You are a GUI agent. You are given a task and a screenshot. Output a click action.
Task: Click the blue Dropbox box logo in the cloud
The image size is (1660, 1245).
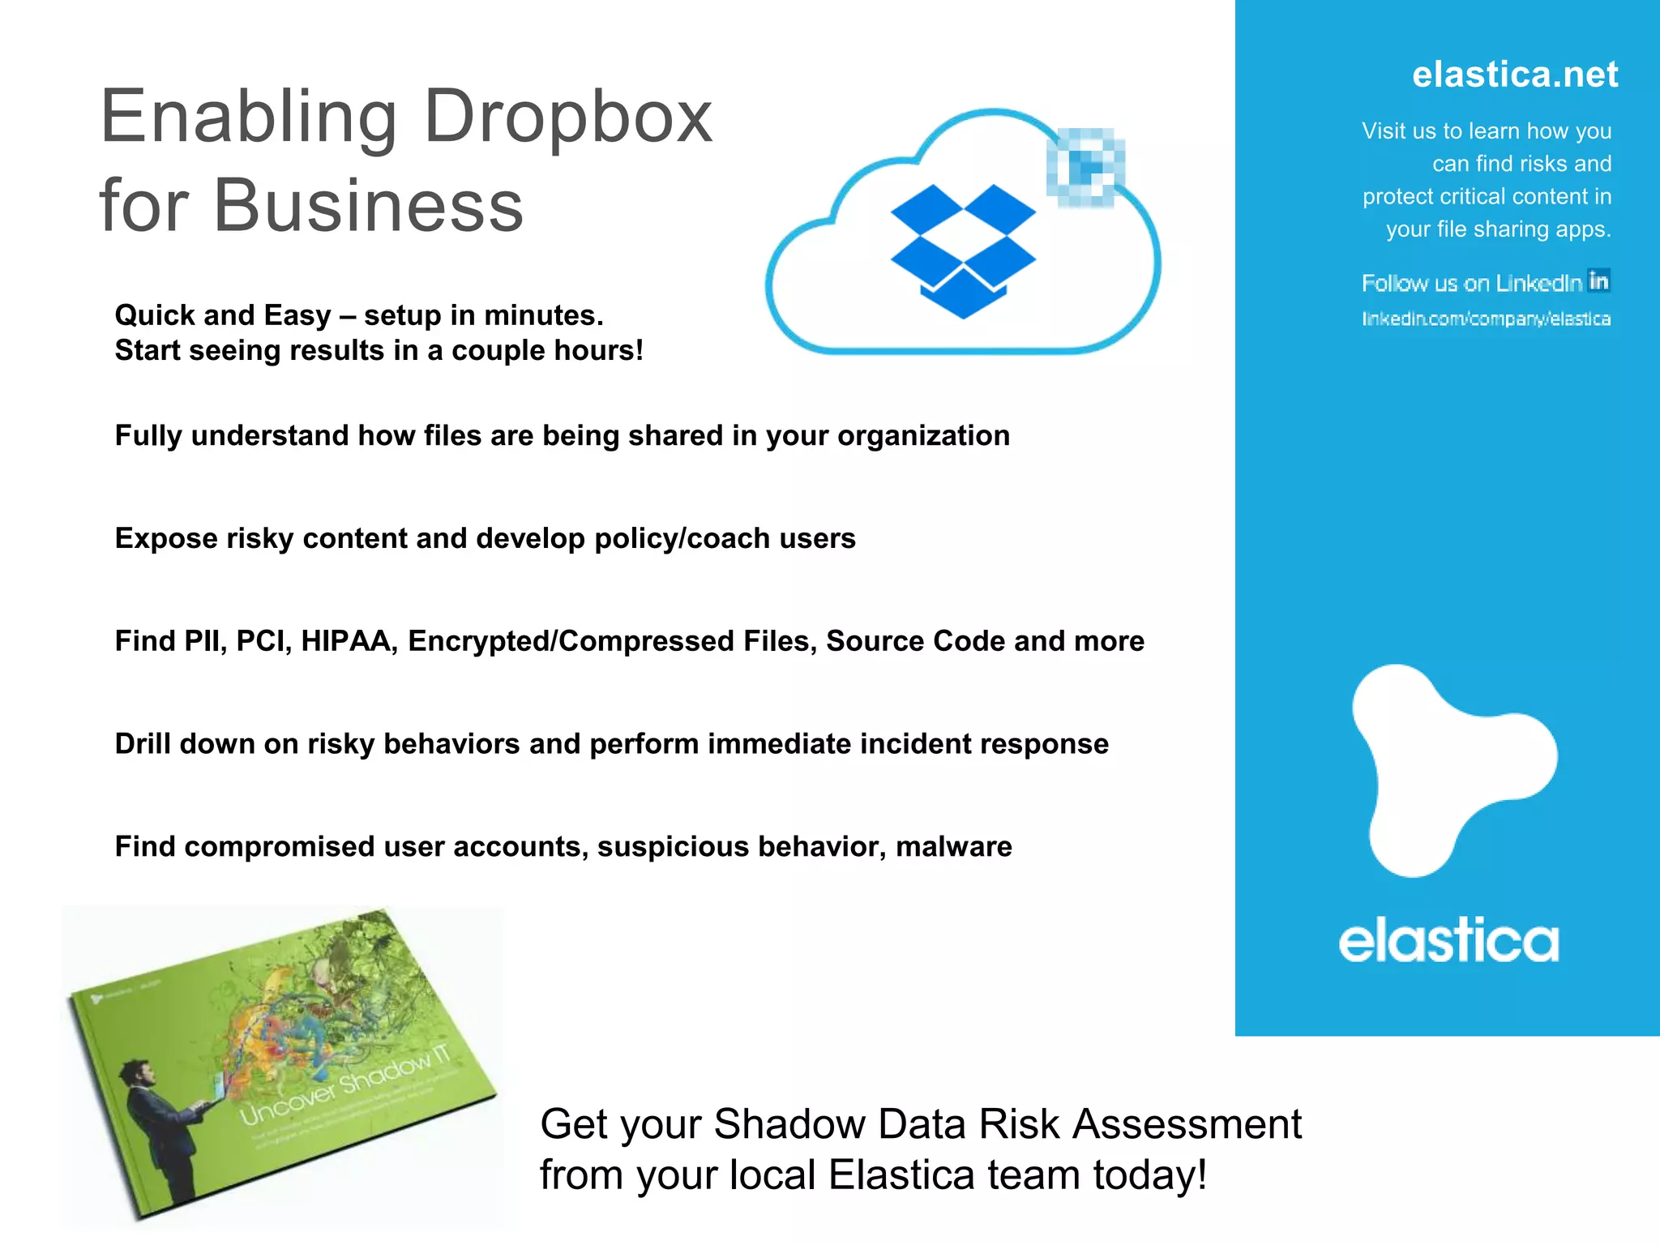point(963,250)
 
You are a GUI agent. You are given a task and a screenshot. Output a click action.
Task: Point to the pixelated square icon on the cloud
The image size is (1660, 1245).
point(1085,167)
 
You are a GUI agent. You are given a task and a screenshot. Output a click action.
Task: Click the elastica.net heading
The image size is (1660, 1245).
point(1514,75)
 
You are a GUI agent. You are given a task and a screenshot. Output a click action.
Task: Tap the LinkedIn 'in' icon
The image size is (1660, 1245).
point(1598,280)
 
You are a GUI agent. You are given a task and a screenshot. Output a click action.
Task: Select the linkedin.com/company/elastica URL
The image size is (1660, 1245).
point(1486,319)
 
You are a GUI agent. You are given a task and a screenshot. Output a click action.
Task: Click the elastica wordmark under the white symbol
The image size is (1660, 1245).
point(1448,941)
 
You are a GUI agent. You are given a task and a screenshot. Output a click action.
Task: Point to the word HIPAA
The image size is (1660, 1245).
point(349,641)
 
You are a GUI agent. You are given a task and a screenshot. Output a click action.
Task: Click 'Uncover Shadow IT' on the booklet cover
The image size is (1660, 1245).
point(344,1086)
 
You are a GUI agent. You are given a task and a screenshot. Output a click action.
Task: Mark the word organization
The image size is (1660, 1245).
point(923,436)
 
